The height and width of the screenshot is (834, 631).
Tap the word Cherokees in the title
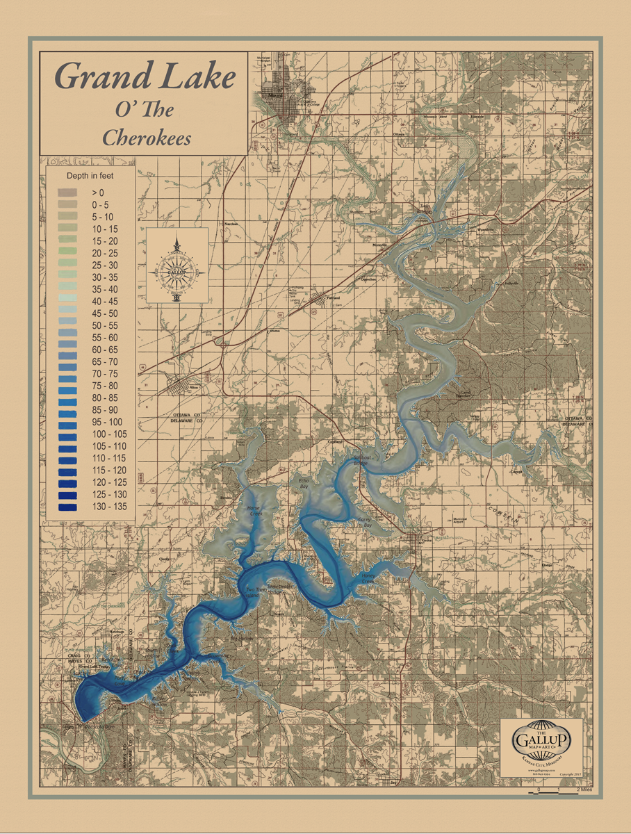click(147, 137)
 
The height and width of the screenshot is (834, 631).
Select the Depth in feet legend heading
click(90, 176)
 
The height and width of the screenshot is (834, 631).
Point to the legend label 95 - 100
click(106, 422)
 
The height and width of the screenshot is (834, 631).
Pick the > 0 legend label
click(97, 192)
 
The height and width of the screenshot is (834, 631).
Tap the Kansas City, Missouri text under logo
click(541, 763)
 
